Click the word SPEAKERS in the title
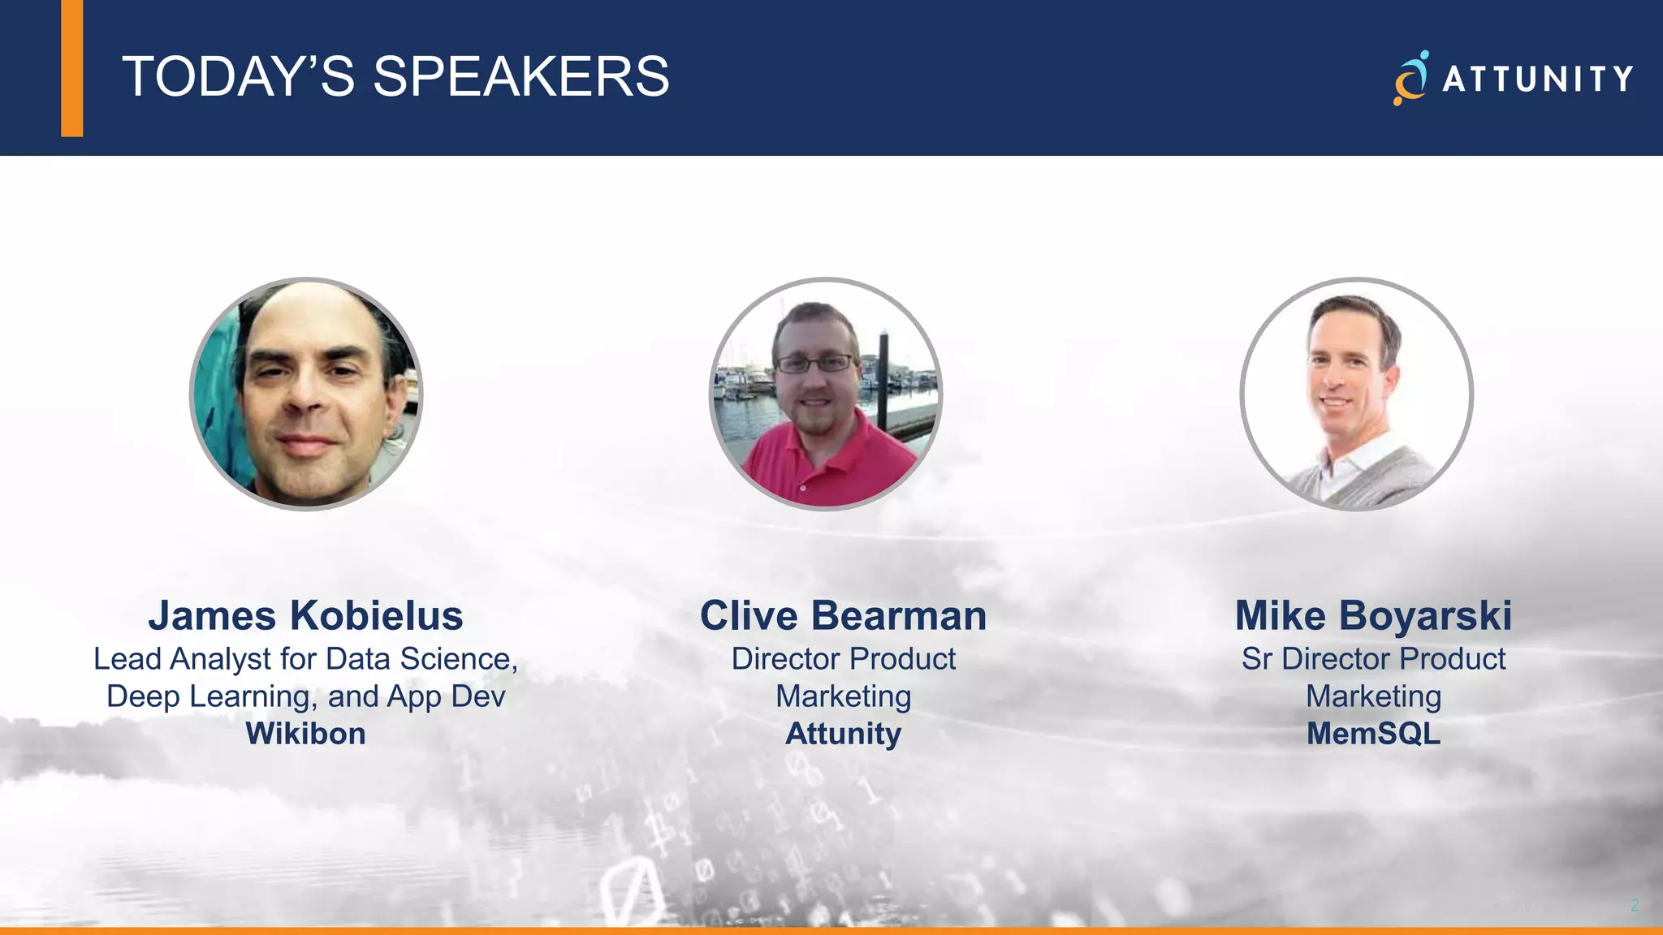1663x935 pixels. point(520,77)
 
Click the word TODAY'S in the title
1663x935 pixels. point(238,77)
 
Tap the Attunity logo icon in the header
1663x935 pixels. point(1410,78)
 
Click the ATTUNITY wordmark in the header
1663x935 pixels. point(1537,79)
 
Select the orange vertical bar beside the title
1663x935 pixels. point(71,68)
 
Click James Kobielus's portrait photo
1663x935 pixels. point(306,394)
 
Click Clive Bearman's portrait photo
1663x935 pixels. point(826,394)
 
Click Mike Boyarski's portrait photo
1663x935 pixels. point(1356,394)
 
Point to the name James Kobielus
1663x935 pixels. point(305,615)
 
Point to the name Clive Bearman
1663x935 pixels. point(843,615)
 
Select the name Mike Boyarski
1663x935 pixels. point(1373,615)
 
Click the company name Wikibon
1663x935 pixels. point(305,734)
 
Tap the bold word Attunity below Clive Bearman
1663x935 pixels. point(843,734)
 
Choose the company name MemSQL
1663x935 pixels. point(1373,734)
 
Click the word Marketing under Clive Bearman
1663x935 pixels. point(843,696)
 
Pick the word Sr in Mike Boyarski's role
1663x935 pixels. point(1256,659)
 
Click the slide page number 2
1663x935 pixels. point(1635,905)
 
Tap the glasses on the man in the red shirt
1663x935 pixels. point(815,364)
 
